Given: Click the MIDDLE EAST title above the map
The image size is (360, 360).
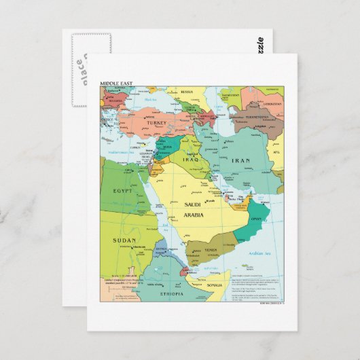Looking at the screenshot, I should pos(117,83).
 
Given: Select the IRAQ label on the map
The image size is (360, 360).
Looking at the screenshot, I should pos(190,160).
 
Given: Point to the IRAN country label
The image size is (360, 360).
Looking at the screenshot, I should pos(241,161).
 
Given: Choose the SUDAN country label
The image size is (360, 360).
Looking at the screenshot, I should pos(124,240).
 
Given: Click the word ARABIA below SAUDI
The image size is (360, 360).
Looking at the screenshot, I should pos(194,215).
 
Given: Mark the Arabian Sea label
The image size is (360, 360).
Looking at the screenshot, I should pos(259,253).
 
